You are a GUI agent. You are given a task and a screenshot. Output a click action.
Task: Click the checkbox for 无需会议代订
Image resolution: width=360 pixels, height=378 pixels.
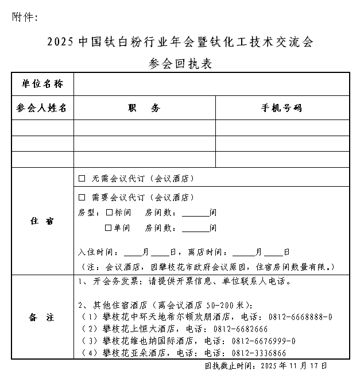(x=82, y=179)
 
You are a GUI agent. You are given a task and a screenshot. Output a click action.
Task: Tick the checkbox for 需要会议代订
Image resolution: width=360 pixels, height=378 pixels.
(x=82, y=198)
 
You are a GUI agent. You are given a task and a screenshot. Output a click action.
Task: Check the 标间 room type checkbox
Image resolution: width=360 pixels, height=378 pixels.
(x=110, y=213)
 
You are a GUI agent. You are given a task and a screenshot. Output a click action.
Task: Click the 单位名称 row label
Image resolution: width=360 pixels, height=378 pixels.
(x=42, y=84)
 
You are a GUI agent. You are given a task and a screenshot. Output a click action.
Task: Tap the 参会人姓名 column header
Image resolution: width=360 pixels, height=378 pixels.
(x=42, y=108)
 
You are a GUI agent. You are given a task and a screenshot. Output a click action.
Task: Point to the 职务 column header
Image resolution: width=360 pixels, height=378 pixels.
(x=144, y=108)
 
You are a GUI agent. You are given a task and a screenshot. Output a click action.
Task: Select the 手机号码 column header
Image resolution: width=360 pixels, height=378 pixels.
(x=282, y=108)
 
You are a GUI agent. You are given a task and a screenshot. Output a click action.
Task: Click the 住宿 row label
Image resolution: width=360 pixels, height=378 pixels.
(x=42, y=221)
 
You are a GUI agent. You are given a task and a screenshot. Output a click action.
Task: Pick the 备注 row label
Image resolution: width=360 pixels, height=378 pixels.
(x=42, y=317)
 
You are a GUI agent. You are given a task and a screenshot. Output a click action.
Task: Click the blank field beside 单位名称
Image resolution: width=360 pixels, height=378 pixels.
(x=211, y=84)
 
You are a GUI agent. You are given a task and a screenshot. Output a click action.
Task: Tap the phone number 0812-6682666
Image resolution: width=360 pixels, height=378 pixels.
(x=241, y=329)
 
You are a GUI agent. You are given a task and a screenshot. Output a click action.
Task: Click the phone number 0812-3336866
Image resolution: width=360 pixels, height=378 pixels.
(x=259, y=353)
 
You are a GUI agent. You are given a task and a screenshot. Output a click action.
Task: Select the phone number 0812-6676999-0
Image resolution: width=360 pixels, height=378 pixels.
(x=264, y=341)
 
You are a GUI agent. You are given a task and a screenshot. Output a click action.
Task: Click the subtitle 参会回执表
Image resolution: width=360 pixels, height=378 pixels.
(x=180, y=63)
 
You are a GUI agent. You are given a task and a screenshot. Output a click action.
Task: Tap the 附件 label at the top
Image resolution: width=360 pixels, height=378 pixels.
(x=24, y=17)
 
